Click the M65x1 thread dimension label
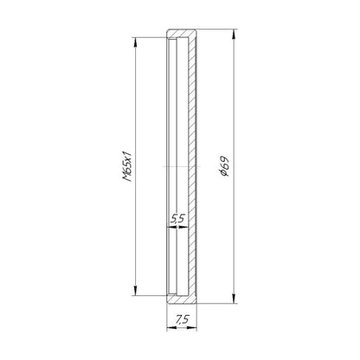point(127,166)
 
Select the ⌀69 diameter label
point(224,166)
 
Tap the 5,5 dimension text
point(177,219)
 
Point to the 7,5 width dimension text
point(183,319)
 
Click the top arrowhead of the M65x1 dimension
point(135,42)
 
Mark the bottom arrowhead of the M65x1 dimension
point(135,290)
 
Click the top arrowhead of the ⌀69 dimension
point(234,34)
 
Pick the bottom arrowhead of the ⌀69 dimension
point(234,299)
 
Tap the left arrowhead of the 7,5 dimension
point(171,328)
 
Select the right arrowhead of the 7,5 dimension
point(192,328)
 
